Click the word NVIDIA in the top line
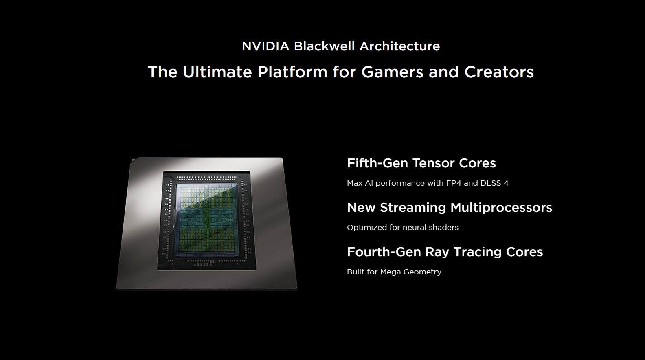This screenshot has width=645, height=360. pos(265,46)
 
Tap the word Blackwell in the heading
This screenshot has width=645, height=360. pos(324,46)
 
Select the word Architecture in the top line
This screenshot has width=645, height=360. pos(400,46)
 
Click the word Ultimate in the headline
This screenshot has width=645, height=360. pos(217,72)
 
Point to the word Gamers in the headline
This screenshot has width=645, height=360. pos(392,72)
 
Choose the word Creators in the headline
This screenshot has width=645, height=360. pos(499,72)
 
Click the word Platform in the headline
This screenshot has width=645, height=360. pos(292,72)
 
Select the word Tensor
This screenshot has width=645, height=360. pos(433,163)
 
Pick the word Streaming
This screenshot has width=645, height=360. pos(413,207)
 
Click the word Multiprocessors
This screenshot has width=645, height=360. pos(501,207)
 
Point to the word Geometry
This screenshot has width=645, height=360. pos(423,272)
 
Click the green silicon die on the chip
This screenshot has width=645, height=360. pos(207,220)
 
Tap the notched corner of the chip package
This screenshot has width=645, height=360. pos(133,160)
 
